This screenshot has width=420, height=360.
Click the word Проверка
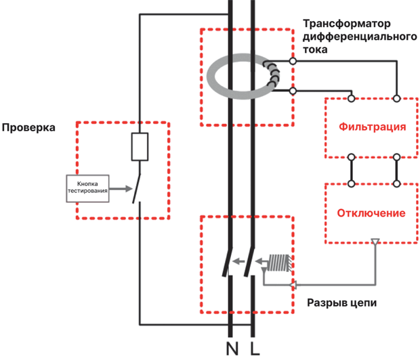[x=28, y=128]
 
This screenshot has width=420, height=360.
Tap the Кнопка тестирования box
[x=87, y=188]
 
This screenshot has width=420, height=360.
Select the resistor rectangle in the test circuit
[x=140, y=147]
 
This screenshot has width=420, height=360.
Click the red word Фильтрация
[x=373, y=127]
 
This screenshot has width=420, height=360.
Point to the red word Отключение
[x=371, y=213]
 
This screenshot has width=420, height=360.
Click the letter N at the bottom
[x=232, y=348]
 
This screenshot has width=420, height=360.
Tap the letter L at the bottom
[x=255, y=348]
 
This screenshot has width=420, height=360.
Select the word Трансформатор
[x=347, y=24]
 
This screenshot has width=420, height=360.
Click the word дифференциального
[x=360, y=37]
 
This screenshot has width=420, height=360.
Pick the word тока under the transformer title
[x=315, y=49]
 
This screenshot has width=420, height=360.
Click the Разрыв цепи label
[x=341, y=302]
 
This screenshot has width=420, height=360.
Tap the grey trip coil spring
[x=280, y=263]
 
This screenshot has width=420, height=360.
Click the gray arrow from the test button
[x=121, y=189]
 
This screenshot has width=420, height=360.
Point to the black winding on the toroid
[x=272, y=74]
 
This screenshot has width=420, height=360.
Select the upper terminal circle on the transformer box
[x=293, y=61]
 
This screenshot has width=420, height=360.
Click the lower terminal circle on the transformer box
[x=293, y=91]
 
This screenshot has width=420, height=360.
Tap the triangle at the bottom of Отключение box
[x=375, y=242]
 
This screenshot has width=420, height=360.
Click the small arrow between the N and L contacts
[x=238, y=261]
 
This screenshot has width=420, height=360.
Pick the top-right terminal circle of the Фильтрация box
[x=397, y=99]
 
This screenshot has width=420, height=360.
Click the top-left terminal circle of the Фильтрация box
[x=351, y=99]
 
